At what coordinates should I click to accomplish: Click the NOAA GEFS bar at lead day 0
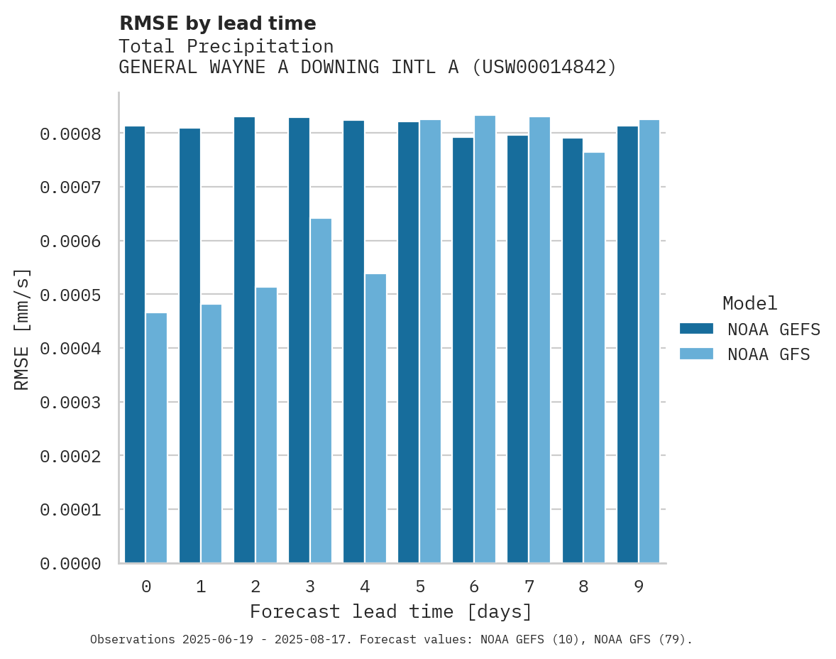tap(135, 344)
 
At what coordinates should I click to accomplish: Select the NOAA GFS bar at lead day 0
tap(157, 437)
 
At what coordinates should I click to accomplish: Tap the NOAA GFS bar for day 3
tap(321, 391)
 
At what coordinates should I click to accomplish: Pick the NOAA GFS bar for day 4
tap(375, 418)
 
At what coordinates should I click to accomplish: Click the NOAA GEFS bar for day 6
tap(463, 350)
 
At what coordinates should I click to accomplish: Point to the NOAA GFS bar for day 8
tap(595, 357)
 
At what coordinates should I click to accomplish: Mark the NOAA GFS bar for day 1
tap(211, 433)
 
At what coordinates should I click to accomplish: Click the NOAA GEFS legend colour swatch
tap(696, 329)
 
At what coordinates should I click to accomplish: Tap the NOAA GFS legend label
tap(769, 354)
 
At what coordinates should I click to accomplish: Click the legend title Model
tap(749, 303)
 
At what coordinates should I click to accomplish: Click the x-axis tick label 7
tap(529, 587)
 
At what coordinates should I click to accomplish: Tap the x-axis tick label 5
tap(420, 587)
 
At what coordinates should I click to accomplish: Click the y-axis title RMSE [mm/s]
tap(22, 329)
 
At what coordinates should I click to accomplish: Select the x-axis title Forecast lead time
tap(391, 611)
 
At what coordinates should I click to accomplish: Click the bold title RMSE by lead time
tap(217, 23)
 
